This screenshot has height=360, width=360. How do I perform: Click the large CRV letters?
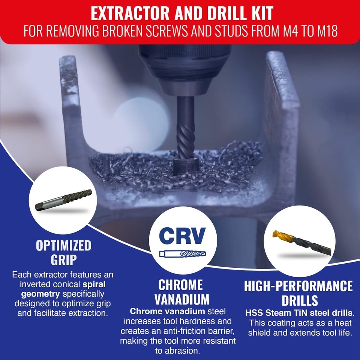182,236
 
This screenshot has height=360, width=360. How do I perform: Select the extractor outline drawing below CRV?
182,254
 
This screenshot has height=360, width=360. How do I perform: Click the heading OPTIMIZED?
63,246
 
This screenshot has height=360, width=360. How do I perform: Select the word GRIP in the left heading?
63,259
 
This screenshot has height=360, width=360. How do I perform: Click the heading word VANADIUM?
183,299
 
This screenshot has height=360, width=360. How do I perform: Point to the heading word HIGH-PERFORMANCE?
298,286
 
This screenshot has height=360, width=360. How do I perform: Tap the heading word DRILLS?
298,300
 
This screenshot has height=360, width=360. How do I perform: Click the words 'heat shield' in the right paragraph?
298,328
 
